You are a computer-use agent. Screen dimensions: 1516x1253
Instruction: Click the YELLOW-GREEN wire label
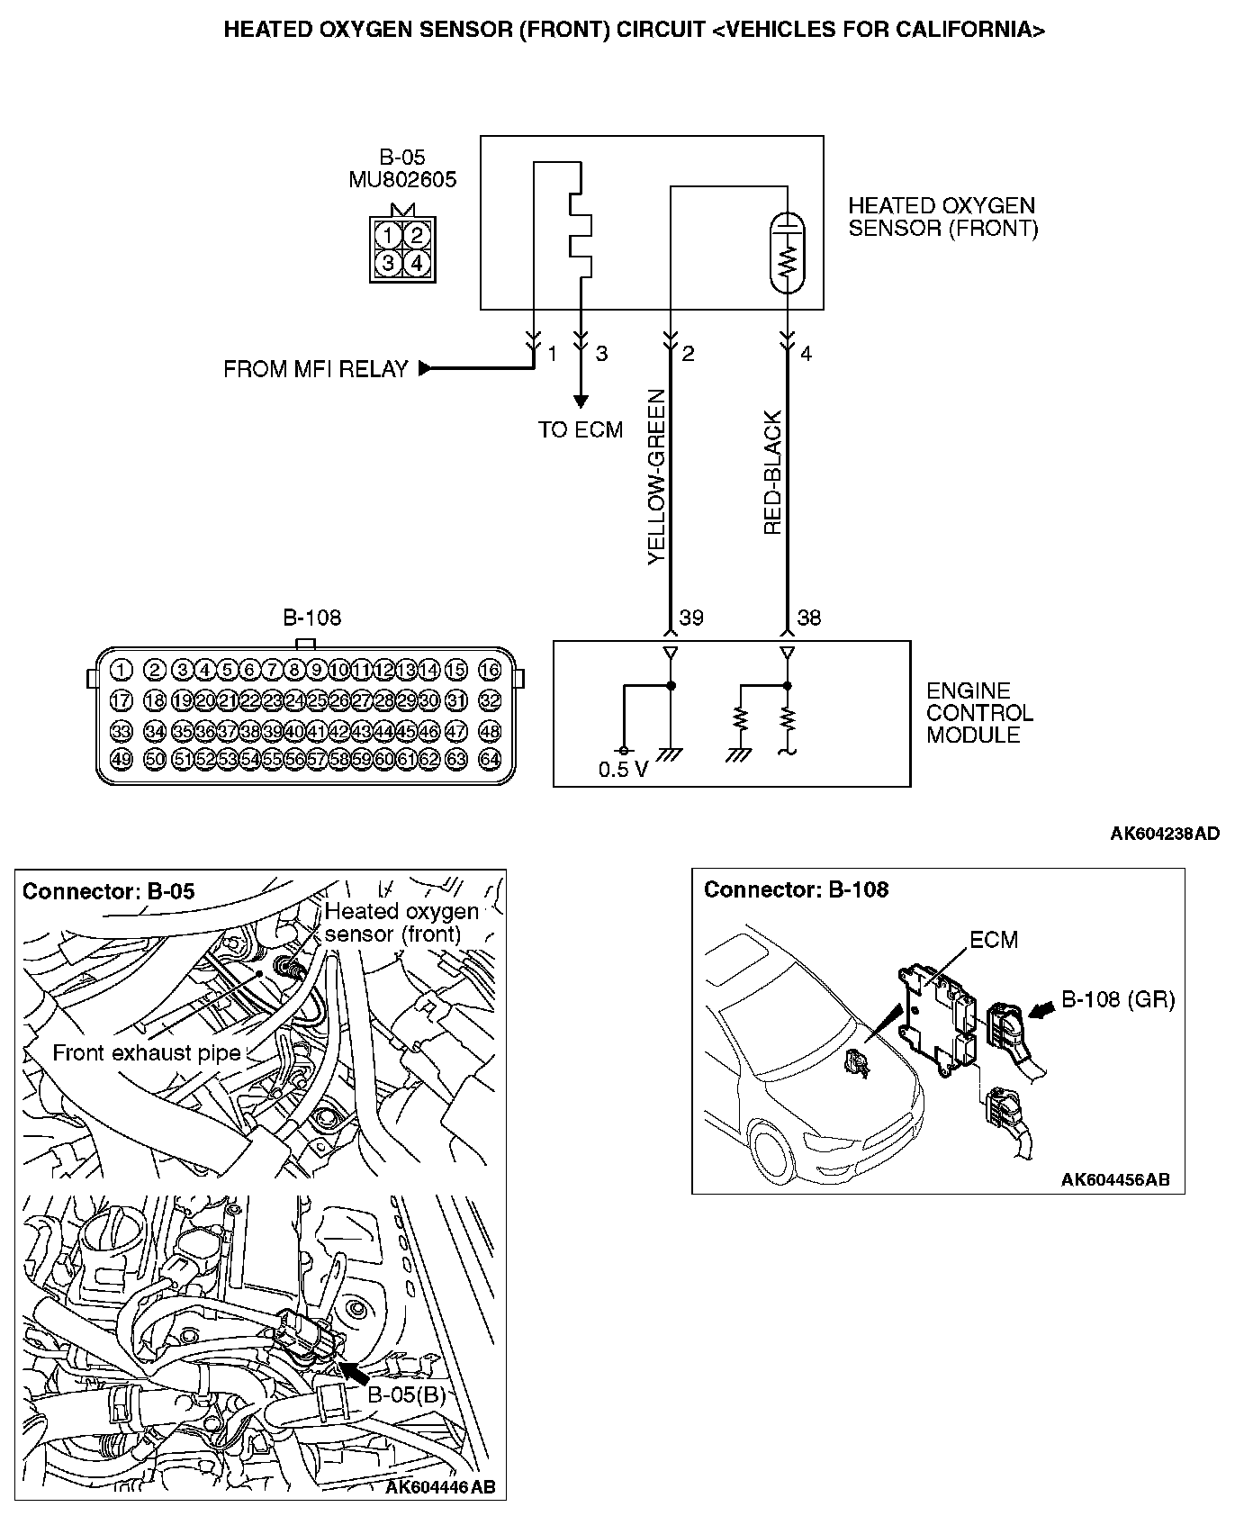[656, 476]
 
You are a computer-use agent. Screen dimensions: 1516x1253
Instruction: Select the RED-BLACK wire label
[772, 474]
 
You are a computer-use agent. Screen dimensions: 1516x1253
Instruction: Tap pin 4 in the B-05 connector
[415, 263]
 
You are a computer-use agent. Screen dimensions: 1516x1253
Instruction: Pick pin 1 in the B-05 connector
[387, 236]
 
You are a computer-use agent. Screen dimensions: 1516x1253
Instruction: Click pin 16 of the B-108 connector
[490, 670]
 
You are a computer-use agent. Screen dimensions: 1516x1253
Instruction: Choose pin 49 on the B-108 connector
[122, 759]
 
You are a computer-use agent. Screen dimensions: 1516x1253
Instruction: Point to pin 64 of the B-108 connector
[490, 759]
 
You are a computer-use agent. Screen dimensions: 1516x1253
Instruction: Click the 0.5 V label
[623, 771]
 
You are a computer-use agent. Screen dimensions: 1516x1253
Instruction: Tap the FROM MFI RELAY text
[315, 369]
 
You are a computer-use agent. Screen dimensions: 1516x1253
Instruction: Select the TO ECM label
[581, 430]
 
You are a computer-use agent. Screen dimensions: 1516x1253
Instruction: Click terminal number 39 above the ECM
[691, 618]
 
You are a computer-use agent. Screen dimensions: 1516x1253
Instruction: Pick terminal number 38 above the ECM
[809, 618]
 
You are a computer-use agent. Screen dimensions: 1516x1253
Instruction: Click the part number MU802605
[402, 180]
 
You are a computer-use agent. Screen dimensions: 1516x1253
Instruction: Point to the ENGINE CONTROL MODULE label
[979, 713]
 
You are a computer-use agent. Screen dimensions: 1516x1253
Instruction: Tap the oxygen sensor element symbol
[789, 252]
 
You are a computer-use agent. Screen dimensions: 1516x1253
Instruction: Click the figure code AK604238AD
[1165, 834]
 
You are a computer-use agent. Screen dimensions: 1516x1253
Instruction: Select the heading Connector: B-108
[796, 890]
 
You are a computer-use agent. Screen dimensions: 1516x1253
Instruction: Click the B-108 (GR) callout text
[1118, 999]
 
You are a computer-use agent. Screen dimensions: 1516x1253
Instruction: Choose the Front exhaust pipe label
[146, 1053]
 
